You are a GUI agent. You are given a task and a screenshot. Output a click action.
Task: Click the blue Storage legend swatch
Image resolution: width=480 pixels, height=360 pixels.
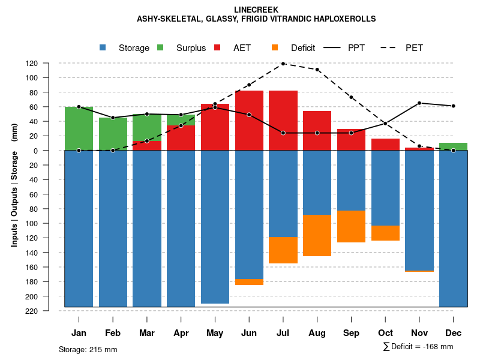103,48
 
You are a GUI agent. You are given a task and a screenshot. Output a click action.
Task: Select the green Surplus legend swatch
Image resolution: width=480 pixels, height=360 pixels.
160,48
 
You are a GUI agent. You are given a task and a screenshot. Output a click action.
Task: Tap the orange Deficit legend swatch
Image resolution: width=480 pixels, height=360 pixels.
275,48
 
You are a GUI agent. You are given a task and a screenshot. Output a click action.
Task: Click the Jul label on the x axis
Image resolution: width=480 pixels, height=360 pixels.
283,333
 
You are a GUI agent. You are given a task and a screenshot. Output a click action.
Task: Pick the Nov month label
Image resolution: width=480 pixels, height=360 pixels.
419,333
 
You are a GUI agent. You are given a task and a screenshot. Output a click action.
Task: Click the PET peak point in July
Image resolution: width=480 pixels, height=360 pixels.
283,64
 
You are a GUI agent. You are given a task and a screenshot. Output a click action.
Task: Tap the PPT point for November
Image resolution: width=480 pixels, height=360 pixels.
419,103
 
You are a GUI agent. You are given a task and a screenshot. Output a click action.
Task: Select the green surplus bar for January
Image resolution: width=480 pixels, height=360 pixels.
79,128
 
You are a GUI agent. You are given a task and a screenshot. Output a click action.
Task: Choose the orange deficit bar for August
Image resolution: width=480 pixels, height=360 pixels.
317,235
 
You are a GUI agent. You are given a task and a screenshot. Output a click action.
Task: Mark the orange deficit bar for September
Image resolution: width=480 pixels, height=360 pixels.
352,227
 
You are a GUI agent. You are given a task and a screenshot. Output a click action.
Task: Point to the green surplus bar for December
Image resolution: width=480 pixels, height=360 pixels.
454,146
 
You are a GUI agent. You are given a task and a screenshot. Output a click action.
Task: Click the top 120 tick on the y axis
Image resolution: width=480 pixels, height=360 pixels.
49,63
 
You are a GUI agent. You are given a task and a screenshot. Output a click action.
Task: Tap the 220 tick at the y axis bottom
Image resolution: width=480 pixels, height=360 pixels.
49,311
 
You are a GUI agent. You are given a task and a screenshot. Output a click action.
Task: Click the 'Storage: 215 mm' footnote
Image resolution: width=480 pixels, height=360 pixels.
88,349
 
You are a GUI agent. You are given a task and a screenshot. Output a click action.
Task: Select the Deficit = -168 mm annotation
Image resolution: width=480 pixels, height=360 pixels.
418,346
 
